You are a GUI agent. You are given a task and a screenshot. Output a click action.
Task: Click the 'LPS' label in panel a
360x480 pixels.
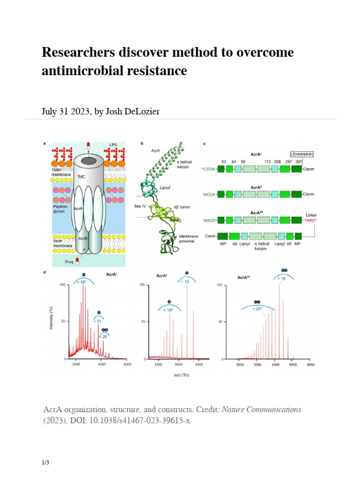(113, 145)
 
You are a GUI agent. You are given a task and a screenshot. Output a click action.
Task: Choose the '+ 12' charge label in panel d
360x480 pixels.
(187, 281)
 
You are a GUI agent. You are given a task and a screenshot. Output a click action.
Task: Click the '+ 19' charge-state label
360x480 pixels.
(281, 278)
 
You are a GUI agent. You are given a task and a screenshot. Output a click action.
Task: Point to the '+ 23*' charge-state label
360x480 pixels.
(256, 308)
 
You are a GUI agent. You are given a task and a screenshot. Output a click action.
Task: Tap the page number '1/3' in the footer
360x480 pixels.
(45, 463)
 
